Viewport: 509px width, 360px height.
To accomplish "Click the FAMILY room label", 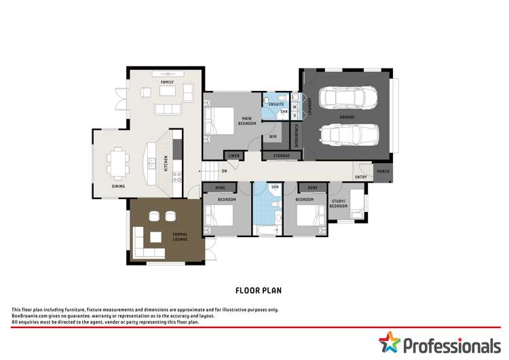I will (167, 82).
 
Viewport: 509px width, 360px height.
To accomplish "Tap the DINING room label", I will (118, 186).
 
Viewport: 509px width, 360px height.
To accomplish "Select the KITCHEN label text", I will (166, 163).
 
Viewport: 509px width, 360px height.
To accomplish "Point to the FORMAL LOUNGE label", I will (180, 237).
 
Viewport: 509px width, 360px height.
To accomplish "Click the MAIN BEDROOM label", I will (246, 121).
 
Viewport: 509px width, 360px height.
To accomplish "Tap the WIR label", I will (272, 136).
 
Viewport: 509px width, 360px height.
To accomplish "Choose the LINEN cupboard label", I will (233, 156).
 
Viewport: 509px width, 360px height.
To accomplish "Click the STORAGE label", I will (281, 156).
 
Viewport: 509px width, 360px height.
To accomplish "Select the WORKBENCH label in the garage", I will (296, 136).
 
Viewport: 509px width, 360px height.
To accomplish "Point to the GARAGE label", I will (347, 117).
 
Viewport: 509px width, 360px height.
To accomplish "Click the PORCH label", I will (383, 172).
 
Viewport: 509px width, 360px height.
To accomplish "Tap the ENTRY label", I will (360, 177).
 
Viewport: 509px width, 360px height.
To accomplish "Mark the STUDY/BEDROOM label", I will (339, 202).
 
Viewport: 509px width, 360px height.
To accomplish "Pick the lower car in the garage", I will (347, 135).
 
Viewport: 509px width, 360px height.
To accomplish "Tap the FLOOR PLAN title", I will (258, 290).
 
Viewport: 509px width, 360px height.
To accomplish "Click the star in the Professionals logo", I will (390, 342).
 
